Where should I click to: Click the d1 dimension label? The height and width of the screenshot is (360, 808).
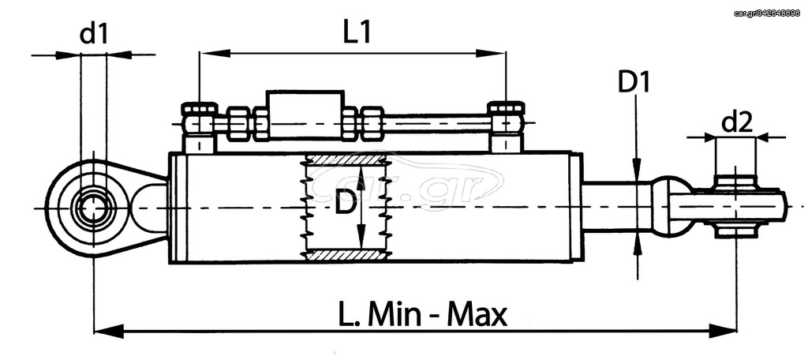tap(94, 35)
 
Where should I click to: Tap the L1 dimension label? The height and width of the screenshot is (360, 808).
tap(357, 33)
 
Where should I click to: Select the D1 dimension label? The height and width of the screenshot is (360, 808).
tap(634, 83)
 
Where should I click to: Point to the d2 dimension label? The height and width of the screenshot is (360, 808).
tap(737, 123)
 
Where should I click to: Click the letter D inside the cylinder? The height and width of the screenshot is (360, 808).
tap(346, 205)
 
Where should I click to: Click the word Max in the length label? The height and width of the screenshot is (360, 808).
tap(477, 315)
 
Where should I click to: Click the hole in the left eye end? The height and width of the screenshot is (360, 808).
tap(93, 208)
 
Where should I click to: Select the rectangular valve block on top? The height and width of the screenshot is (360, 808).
tap(305, 114)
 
